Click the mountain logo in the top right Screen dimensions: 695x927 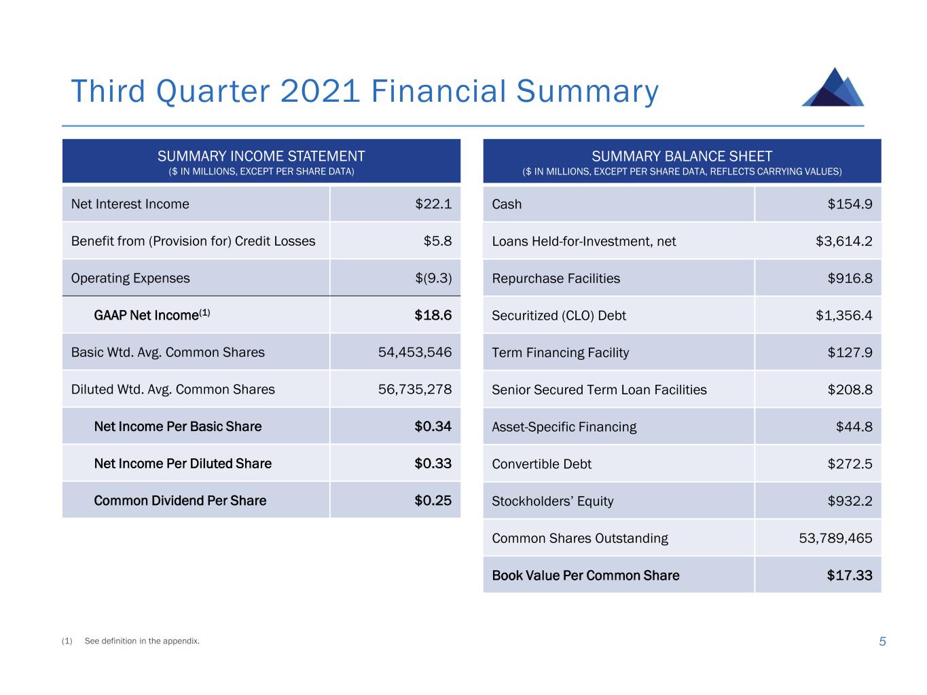click(x=833, y=88)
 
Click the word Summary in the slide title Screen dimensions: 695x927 click(x=587, y=92)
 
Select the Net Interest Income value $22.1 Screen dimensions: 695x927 click(x=433, y=204)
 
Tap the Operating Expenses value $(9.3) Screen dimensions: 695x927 click(x=433, y=278)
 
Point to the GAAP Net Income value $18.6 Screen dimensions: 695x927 click(x=433, y=315)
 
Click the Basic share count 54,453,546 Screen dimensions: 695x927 click(x=415, y=352)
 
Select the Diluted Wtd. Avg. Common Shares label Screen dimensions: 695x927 click(x=173, y=390)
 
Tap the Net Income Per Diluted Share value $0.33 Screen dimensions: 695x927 click(x=433, y=464)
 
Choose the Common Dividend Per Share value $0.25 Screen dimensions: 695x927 click(x=433, y=501)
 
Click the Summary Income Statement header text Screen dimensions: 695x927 click(x=261, y=156)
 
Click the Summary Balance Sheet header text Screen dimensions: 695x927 click(x=682, y=156)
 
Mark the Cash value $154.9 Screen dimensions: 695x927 click(x=850, y=204)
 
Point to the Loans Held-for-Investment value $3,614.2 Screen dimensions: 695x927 click(x=844, y=242)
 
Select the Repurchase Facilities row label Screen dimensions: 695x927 click(x=556, y=278)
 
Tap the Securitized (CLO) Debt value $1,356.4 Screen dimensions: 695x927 click(x=844, y=316)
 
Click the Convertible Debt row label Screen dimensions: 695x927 click(x=541, y=464)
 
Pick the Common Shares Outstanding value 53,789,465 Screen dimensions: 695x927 click(x=835, y=538)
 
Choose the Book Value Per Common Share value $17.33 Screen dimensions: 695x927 click(x=850, y=576)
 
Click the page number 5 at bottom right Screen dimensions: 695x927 click(x=882, y=641)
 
